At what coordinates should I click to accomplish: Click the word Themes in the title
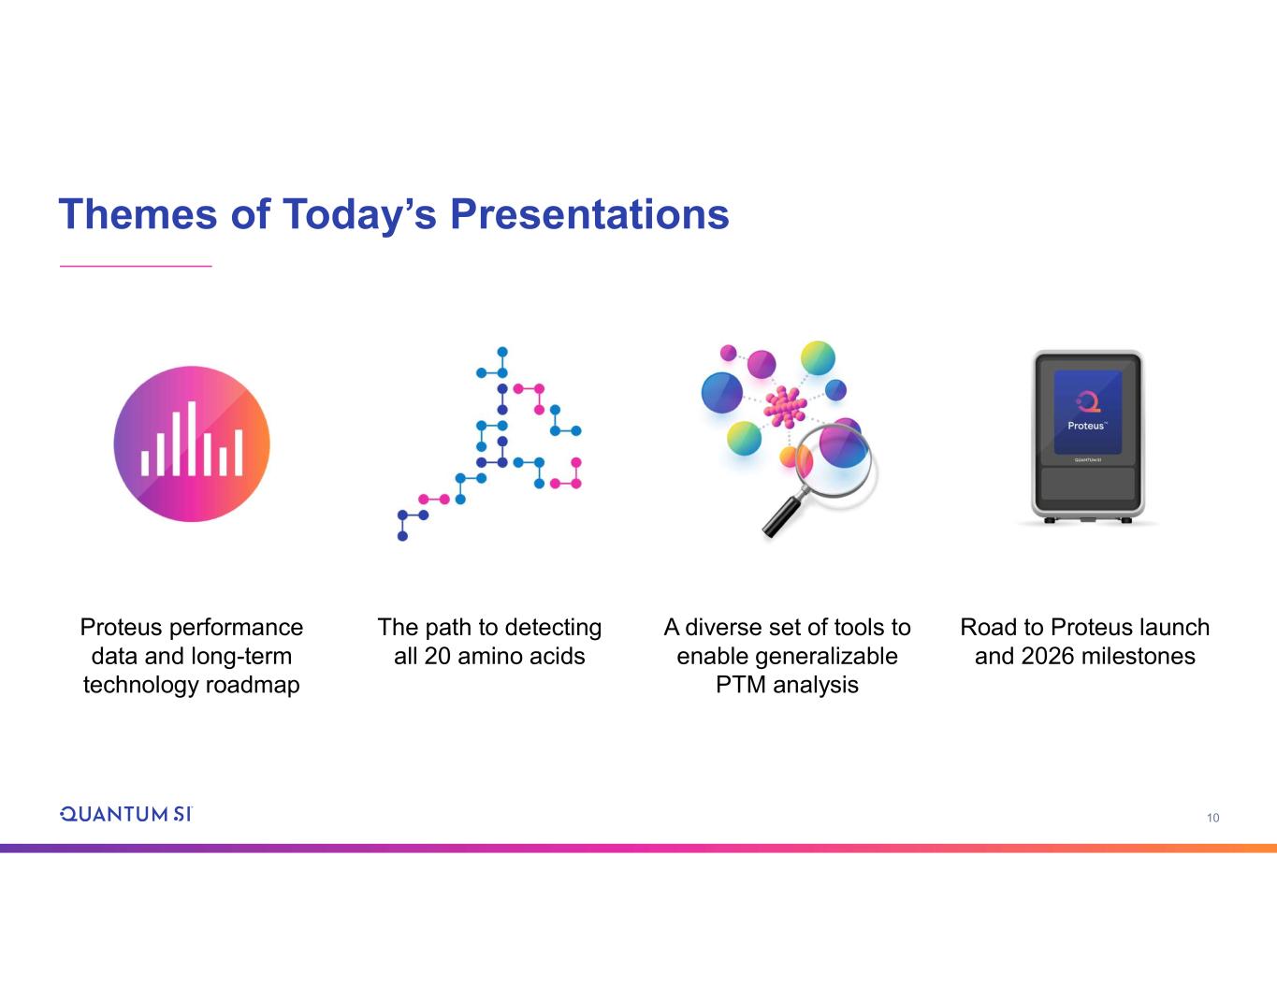[x=138, y=214]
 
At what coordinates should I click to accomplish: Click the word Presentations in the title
[x=589, y=214]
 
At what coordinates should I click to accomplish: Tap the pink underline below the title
[x=136, y=266]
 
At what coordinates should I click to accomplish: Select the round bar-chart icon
[x=192, y=443]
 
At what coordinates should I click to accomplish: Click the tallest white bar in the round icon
[x=192, y=438]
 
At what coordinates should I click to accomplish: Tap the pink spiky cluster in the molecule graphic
[x=785, y=407]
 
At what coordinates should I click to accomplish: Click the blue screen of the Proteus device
[x=1087, y=412]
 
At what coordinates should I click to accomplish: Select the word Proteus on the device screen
[x=1086, y=426]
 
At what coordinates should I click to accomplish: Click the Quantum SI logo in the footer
[x=125, y=814]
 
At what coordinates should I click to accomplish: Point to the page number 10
[x=1213, y=818]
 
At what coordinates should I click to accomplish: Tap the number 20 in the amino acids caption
[x=437, y=656]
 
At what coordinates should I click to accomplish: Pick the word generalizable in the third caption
[x=826, y=657]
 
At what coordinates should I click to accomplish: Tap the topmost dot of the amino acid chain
[x=502, y=352]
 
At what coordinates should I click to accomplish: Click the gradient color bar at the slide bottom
[x=638, y=849]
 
